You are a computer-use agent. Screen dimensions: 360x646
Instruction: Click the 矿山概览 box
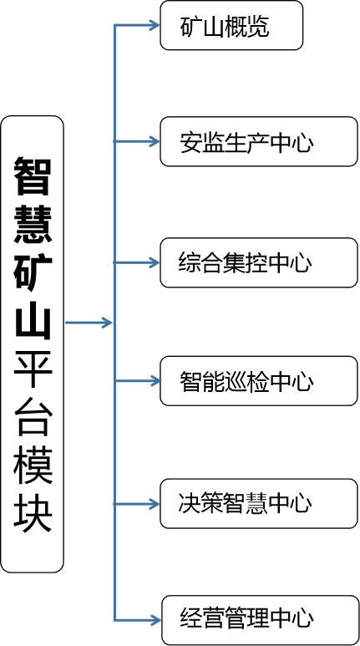click(x=231, y=26)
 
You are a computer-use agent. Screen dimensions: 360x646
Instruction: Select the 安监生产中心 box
click(x=259, y=142)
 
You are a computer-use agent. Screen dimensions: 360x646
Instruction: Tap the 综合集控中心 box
click(x=259, y=262)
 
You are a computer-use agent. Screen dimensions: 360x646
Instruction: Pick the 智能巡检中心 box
click(x=259, y=381)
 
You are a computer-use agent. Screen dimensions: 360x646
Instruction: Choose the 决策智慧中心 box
click(x=259, y=503)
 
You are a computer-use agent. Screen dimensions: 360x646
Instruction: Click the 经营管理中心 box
click(x=260, y=620)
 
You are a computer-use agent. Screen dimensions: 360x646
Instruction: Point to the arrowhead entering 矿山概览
click(x=155, y=26)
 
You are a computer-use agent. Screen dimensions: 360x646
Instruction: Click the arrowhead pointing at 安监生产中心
click(x=155, y=142)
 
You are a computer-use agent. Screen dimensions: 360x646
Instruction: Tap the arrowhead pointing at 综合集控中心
click(x=155, y=262)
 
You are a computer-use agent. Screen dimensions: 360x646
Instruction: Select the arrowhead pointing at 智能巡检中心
click(x=155, y=381)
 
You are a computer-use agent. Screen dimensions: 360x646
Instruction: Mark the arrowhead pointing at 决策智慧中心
click(x=155, y=503)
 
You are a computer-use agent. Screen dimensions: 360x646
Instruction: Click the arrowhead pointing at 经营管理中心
click(x=155, y=619)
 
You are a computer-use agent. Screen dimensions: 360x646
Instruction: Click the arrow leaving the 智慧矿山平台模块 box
click(x=89, y=323)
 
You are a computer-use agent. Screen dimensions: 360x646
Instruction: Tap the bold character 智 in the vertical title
click(x=33, y=176)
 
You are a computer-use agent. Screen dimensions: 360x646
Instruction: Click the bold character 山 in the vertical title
click(x=33, y=320)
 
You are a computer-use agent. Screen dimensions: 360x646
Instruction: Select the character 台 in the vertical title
click(x=33, y=417)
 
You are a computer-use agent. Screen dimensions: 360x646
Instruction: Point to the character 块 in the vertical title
click(x=33, y=512)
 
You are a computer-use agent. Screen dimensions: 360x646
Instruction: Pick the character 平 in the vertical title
click(x=33, y=369)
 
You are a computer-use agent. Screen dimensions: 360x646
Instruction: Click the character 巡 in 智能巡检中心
click(x=236, y=381)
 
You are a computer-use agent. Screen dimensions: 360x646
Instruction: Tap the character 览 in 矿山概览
click(x=259, y=27)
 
